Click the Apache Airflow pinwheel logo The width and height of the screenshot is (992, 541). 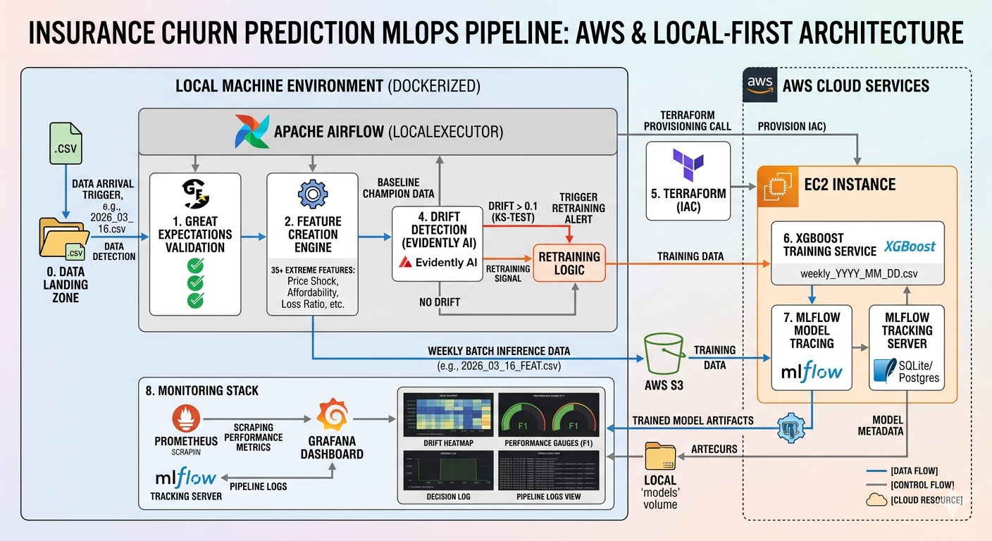click(x=252, y=131)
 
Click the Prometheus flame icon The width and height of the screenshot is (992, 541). click(x=186, y=417)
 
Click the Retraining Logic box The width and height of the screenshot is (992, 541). click(x=569, y=263)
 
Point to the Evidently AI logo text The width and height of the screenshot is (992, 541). click(x=436, y=262)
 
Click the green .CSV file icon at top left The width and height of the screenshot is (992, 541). click(x=66, y=144)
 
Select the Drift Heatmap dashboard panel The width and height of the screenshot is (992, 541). click(x=447, y=415)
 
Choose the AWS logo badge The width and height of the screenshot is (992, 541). click(x=760, y=85)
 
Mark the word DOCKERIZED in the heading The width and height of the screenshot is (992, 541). click(x=433, y=87)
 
